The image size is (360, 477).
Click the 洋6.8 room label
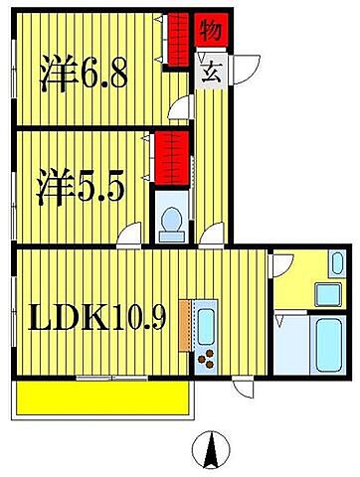84,74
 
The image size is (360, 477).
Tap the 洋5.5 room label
81,186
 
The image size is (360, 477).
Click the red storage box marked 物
211,30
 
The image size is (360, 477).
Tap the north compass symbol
211,449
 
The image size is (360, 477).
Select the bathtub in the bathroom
328,345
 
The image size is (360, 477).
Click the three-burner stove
206,360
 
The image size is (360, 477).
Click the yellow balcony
102,397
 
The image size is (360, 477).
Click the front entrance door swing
246,70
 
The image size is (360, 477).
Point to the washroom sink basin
328,294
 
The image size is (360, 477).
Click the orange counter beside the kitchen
185,325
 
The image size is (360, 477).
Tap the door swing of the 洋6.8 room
181,107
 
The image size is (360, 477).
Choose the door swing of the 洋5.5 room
129,236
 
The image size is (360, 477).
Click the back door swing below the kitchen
244,387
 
